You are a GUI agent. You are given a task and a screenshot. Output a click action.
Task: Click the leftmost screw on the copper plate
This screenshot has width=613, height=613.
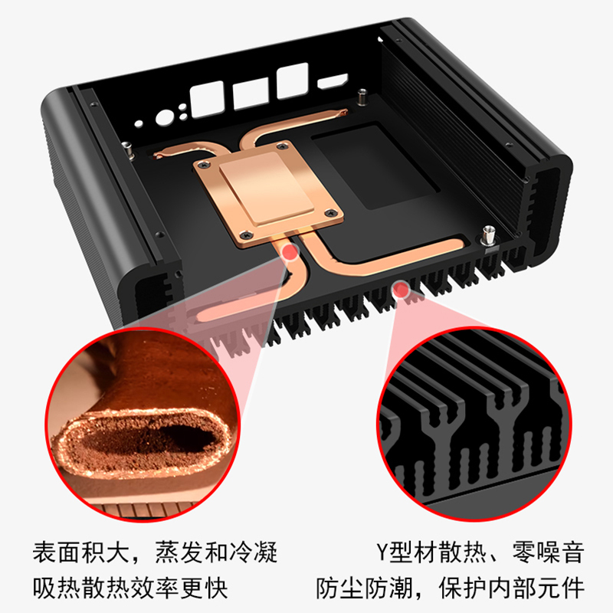203,164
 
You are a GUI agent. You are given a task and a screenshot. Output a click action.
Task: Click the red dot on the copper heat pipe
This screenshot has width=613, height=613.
290,252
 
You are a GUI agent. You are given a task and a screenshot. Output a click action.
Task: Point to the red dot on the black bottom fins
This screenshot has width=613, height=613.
399,288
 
